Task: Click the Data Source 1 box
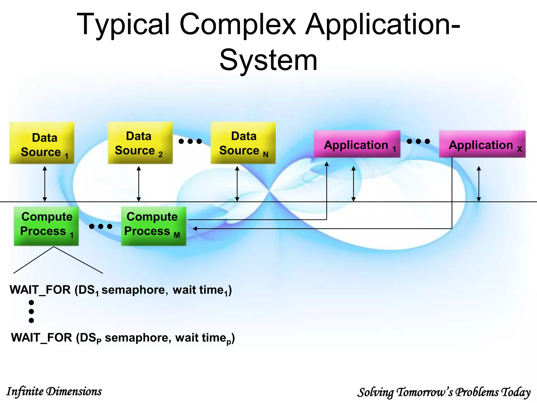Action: [42, 143]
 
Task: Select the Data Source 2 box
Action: [140, 143]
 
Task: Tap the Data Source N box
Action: [243, 143]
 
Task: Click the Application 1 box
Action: [357, 144]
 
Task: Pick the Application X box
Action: [482, 144]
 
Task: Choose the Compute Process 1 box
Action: [46, 226]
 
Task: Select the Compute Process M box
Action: [154, 226]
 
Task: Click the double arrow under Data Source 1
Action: [45, 184]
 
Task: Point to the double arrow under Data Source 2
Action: [139, 184]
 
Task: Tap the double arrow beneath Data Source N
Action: [237, 184]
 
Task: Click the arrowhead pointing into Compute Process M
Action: [195, 229]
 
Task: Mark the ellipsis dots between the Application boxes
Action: [418, 141]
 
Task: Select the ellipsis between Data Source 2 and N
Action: [190, 141]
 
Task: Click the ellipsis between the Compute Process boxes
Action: [101, 226]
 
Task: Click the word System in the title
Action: [268, 60]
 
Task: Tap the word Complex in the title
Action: [238, 25]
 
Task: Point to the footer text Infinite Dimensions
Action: [54, 391]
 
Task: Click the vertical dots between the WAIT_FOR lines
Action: [31, 311]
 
